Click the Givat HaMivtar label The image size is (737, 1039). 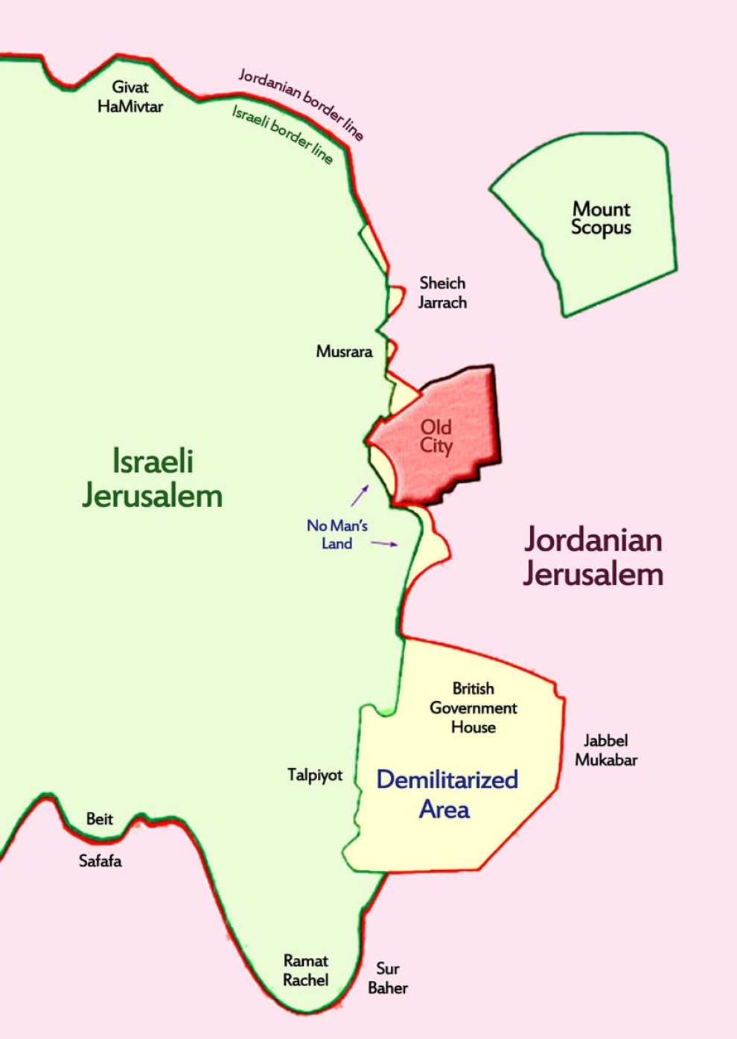(130, 97)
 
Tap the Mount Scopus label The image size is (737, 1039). (601, 218)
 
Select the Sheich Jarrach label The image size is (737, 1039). (442, 292)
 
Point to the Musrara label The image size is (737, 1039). (344, 351)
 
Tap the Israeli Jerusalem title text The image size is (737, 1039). (153, 479)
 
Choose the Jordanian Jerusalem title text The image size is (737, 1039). (593, 557)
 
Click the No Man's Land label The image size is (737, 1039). (336, 534)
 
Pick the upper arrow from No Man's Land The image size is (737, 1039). (360, 495)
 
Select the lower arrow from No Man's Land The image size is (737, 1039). (384, 544)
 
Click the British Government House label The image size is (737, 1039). (473, 708)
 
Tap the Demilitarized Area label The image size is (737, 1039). (447, 794)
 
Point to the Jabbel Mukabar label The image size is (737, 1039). (606, 750)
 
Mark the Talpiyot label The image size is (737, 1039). (315, 776)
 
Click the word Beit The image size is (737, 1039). (100, 819)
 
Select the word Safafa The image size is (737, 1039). (100, 861)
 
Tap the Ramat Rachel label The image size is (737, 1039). (305, 971)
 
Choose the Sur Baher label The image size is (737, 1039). (388, 978)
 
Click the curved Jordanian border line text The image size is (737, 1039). (301, 104)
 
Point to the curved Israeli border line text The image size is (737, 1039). (282, 134)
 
